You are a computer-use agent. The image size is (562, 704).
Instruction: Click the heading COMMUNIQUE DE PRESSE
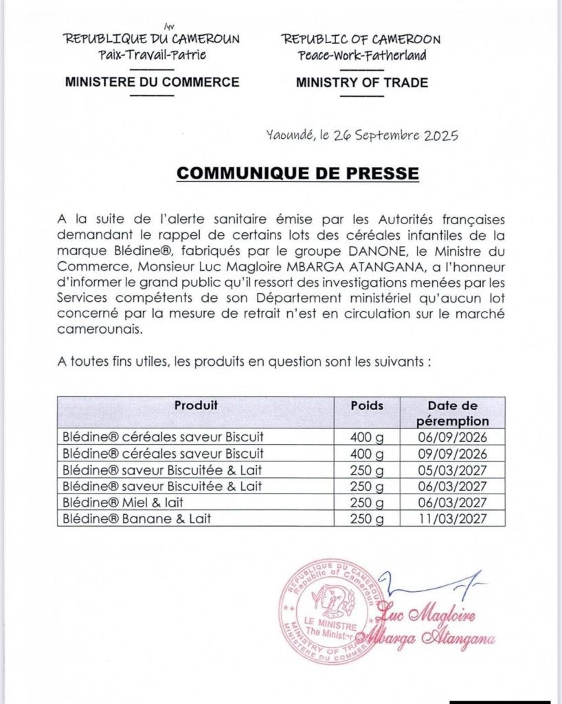coord(297,173)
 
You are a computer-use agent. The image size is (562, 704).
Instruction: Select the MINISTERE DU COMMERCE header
coord(152,82)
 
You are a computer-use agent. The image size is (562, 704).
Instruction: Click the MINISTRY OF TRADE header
coord(361,82)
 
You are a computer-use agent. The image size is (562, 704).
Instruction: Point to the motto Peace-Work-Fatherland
coord(362,55)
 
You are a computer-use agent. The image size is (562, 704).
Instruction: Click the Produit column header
coord(195,406)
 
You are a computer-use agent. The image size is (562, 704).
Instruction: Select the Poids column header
coord(367,406)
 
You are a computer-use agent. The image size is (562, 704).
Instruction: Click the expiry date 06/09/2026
coord(453,437)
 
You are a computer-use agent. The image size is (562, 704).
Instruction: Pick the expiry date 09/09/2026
coord(453,454)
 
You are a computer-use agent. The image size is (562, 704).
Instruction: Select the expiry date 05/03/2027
coord(453,470)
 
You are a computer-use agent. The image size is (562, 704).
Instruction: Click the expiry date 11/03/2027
coord(453,519)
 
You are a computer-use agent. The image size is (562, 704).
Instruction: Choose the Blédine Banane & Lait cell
coord(136,519)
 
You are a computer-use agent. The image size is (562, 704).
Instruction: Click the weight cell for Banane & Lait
coord(367,519)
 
